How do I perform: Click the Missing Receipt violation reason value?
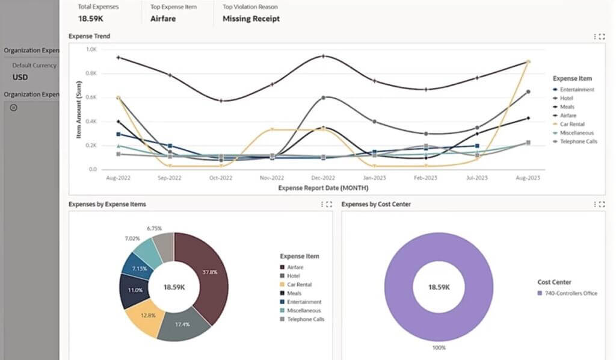click(251, 19)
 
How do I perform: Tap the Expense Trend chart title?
click(89, 36)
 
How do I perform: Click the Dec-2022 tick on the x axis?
click(323, 178)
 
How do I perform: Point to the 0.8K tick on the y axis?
click(91, 73)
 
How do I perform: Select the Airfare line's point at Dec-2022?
click(324, 56)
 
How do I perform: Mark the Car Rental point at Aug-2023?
click(528, 61)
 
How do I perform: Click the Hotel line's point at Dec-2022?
click(324, 97)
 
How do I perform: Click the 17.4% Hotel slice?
click(182, 324)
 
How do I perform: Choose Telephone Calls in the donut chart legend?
click(306, 319)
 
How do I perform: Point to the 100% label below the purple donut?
click(439, 348)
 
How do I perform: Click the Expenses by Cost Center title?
click(376, 204)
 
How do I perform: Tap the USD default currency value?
click(20, 77)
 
